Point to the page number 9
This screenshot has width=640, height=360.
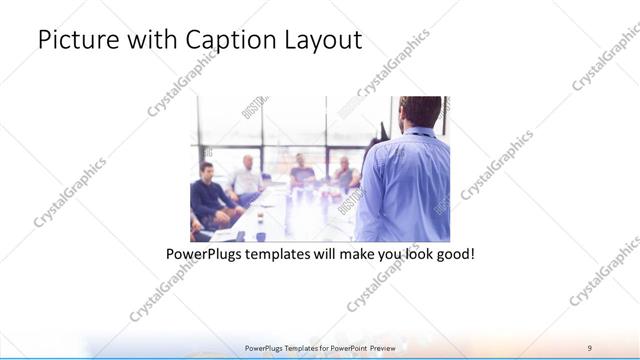click(590, 347)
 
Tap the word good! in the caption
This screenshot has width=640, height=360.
click(454, 255)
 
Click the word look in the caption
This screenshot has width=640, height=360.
click(413, 255)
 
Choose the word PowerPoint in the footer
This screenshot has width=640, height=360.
click(344, 347)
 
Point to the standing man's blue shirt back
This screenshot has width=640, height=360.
click(405, 185)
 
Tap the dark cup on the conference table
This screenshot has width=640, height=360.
click(261, 236)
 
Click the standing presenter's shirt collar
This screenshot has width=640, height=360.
click(413, 134)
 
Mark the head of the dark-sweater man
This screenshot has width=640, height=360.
click(207, 170)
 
